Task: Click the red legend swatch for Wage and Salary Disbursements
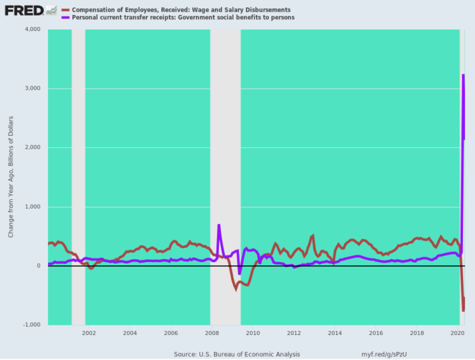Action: pyautogui.click(x=65, y=10)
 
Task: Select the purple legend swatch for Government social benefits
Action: pyautogui.click(x=65, y=18)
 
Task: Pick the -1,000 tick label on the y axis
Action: pyautogui.click(x=32, y=324)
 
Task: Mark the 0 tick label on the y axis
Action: pyautogui.click(x=38, y=266)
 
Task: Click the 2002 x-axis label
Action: pyautogui.click(x=89, y=333)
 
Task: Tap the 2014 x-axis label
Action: pyautogui.click(x=335, y=333)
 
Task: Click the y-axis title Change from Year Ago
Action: pyautogui.click(x=11, y=177)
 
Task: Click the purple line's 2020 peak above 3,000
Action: pyautogui.click(x=463, y=74)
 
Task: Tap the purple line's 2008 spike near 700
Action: pyautogui.click(x=218, y=225)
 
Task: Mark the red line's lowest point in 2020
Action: pyautogui.click(x=463, y=311)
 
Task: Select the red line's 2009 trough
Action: pyautogui.click(x=236, y=290)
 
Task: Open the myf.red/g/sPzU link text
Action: pyautogui.click(x=384, y=354)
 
